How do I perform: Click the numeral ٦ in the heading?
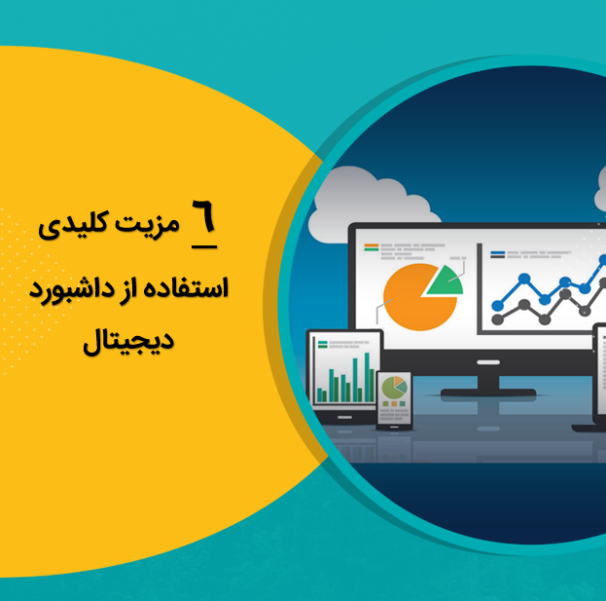[x=203, y=215]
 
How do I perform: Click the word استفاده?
[x=186, y=288]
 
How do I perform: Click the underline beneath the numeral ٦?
[x=204, y=246]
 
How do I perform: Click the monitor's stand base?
[x=488, y=393]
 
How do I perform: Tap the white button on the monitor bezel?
[x=488, y=362]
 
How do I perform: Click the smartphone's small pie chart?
[x=394, y=388]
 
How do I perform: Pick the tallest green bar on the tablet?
[x=367, y=377]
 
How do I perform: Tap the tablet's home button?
[x=344, y=418]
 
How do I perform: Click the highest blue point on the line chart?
[x=603, y=260]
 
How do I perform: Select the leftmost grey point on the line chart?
[x=497, y=319]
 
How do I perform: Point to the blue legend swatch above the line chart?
[x=497, y=252]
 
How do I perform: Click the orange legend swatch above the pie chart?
[x=371, y=245]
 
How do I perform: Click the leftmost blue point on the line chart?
[x=497, y=306]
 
